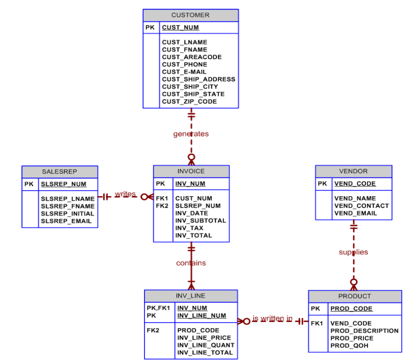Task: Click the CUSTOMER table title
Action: [x=190, y=15]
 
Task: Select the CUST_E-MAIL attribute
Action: [x=184, y=72]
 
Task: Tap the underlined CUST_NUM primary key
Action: [x=180, y=27]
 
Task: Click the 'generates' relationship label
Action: [x=191, y=134]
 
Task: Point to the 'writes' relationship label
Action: [x=125, y=194]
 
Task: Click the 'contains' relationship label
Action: [x=191, y=263]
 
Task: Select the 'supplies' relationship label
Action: [x=353, y=252]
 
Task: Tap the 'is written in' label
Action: [x=272, y=319]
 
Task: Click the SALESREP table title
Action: [x=60, y=171]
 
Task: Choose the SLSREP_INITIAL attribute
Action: [x=67, y=213]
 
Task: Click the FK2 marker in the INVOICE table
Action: [x=162, y=206]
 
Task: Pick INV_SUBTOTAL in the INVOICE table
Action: [x=201, y=220]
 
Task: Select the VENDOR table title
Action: [x=353, y=171]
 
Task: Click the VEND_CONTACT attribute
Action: [x=361, y=206]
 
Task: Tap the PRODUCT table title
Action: [x=354, y=296]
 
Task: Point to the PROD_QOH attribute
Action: [x=349, y=346]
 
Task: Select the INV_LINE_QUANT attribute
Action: [x=206, y=345]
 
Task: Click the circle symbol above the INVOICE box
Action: [x=191, y=157]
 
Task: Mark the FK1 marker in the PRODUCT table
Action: [x=316, y=323]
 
